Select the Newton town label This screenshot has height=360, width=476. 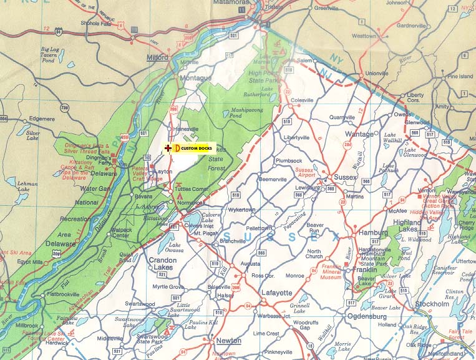coord(228,340)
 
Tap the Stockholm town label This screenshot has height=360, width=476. coord(432,304)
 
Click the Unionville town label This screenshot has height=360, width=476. coord(377,73)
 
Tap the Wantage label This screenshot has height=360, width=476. coord(359,134)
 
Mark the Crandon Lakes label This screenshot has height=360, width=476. coord(162,263)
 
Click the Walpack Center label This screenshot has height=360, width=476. coord(112,233)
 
